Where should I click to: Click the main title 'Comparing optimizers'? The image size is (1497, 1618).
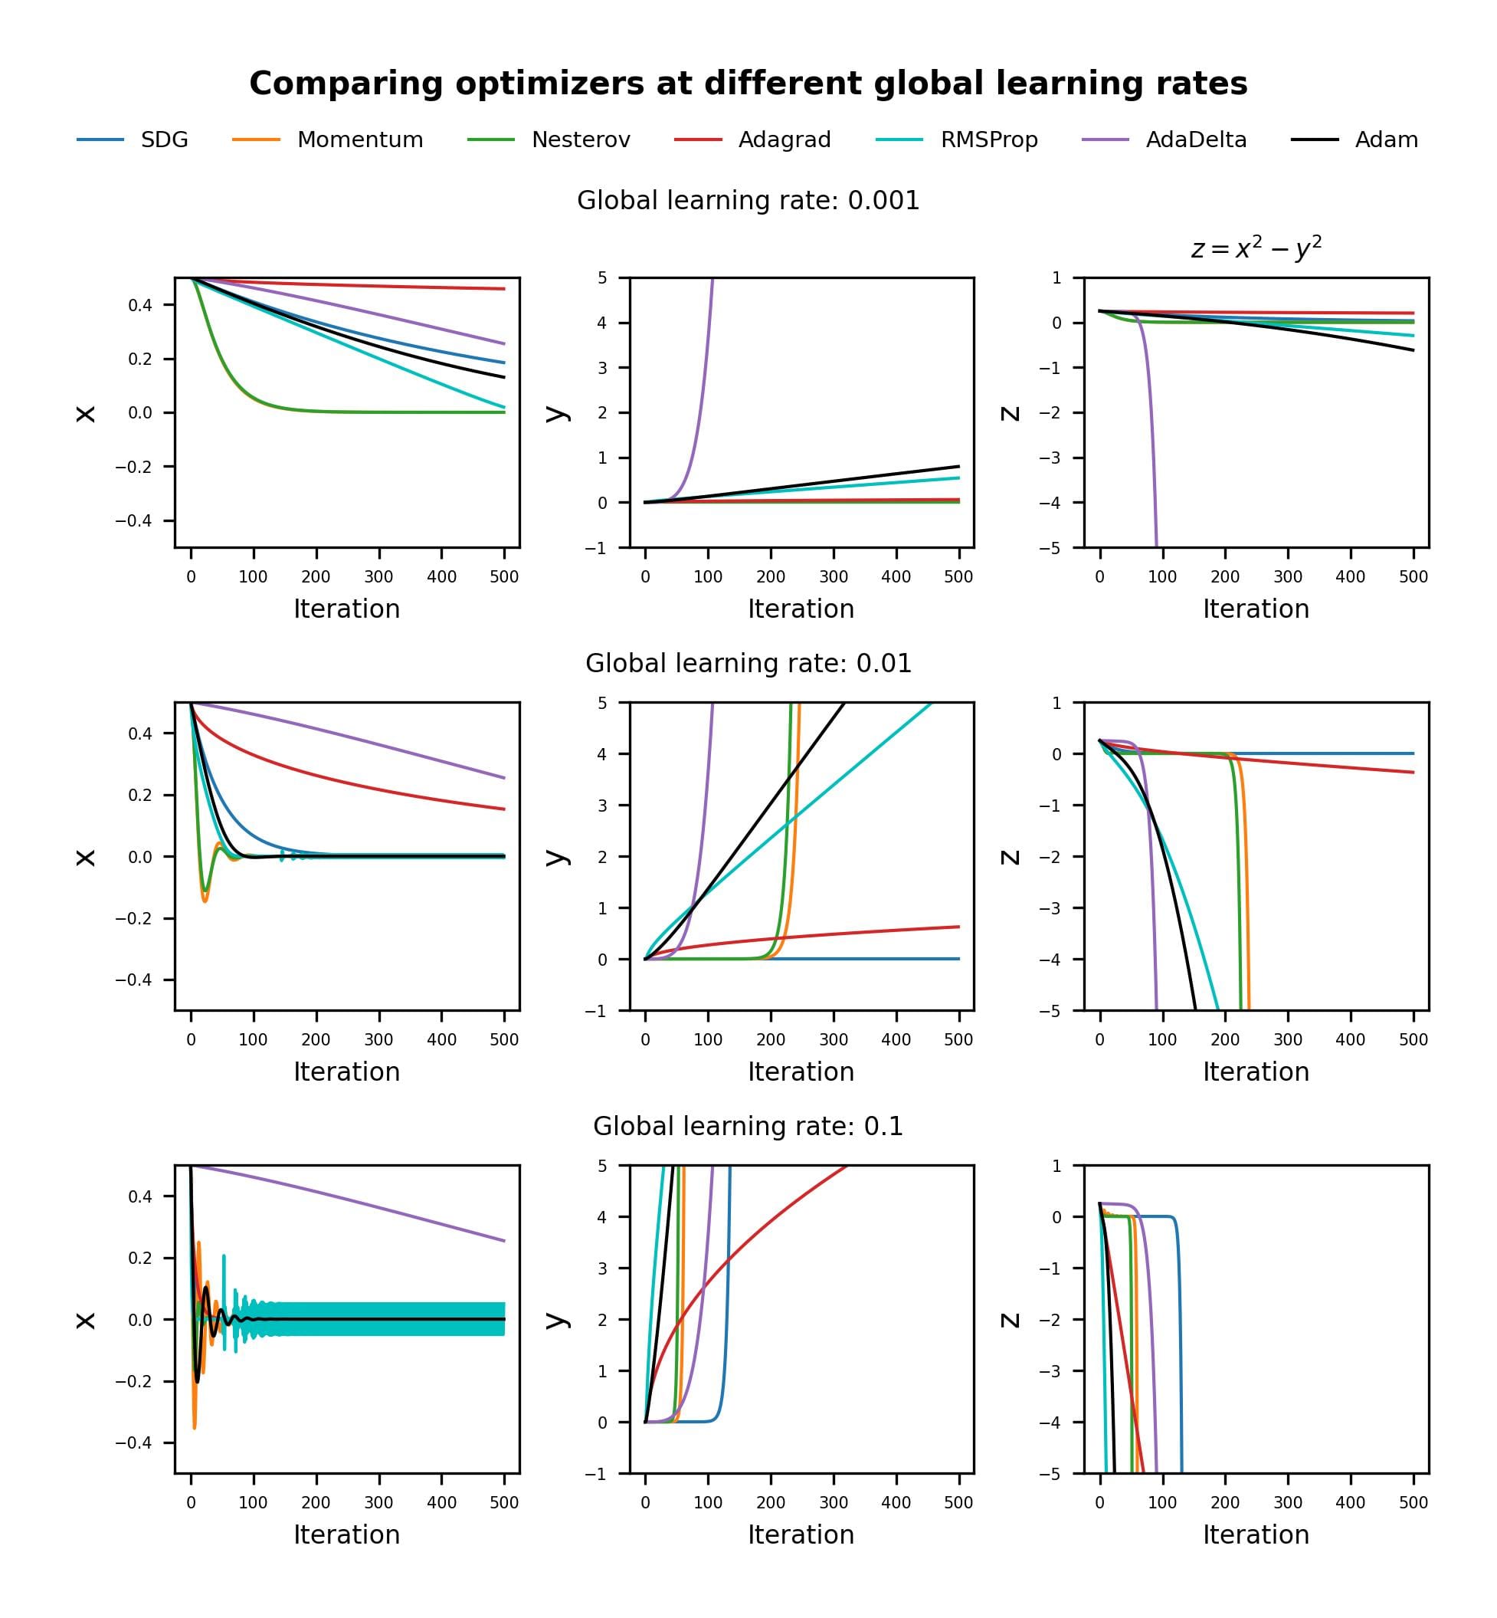pyautogui.click(x=748, y=84)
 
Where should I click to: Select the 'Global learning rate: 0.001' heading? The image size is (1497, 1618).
pyautogui.click(x=748, y=201)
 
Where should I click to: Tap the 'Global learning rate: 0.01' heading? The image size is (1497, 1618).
pyautogui.click(x=748, y=664)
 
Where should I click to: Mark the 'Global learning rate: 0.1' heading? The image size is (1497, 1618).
pyautogui.click(x=748, y=1126)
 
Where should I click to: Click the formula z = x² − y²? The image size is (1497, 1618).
pyautogui.click(x=1256, y=248)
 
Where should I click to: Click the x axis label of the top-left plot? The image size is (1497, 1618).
pyautogui.click(x=86, y=413)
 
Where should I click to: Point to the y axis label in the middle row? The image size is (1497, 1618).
pyautogui.click(x=555, y=856)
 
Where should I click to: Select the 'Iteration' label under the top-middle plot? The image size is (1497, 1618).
pyautogui.click(x=801, y=609)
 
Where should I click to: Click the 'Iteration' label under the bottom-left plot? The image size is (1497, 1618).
pyautogui.click(x=347, y=1534)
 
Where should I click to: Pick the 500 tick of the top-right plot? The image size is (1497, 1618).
pyautogui.click(x=1413, y=577)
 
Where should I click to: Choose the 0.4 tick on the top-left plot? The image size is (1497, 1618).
pyautogui.click(x=139, y=306)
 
